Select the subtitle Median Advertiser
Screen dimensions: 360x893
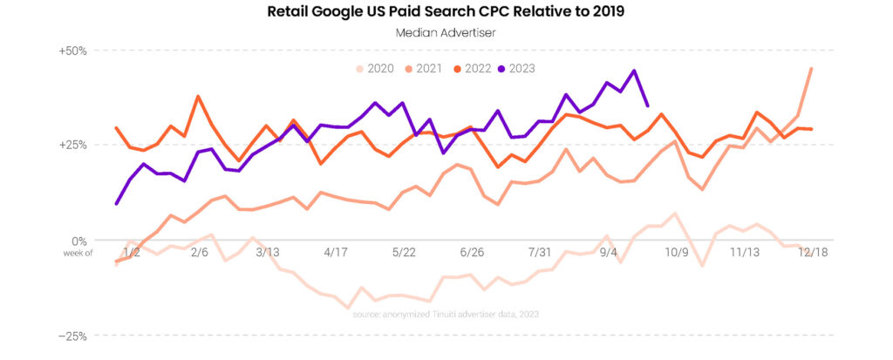click(446, 35)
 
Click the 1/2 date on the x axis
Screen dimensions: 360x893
click(133, 252)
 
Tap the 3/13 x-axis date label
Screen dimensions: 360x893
click(266, 252)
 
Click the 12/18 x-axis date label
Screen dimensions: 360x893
click(813, 252)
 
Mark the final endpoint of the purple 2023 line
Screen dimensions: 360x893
click(647, 105)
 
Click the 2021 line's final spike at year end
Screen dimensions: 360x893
click(812, 69)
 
